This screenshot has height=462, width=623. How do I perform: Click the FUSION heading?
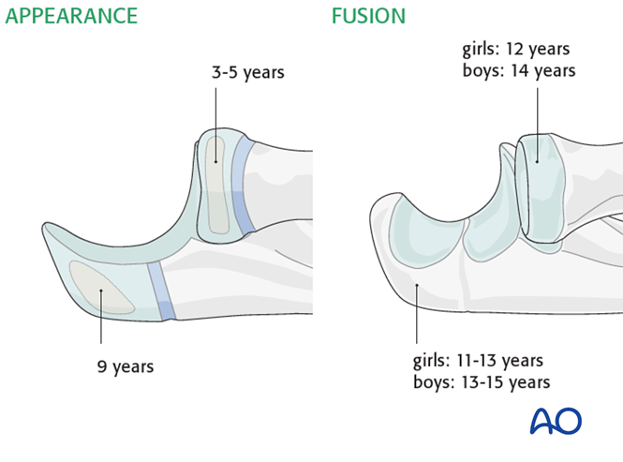tap(368, 17)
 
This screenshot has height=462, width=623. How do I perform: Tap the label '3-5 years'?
tap(247, 72)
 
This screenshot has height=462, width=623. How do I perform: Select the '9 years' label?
tap(126, 366)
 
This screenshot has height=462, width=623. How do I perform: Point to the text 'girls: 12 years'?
tap(516, 49)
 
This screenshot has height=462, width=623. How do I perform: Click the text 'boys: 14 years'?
tap(518, 69)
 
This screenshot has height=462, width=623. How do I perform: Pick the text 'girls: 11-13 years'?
tap(478, 361)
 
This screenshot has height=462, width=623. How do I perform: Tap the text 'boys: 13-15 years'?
tap(482, 381)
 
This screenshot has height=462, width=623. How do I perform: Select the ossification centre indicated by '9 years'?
tap(102, 286)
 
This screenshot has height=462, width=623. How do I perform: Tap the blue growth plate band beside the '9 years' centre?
tap(161, 291)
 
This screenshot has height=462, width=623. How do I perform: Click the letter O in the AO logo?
tap(570, 422)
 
